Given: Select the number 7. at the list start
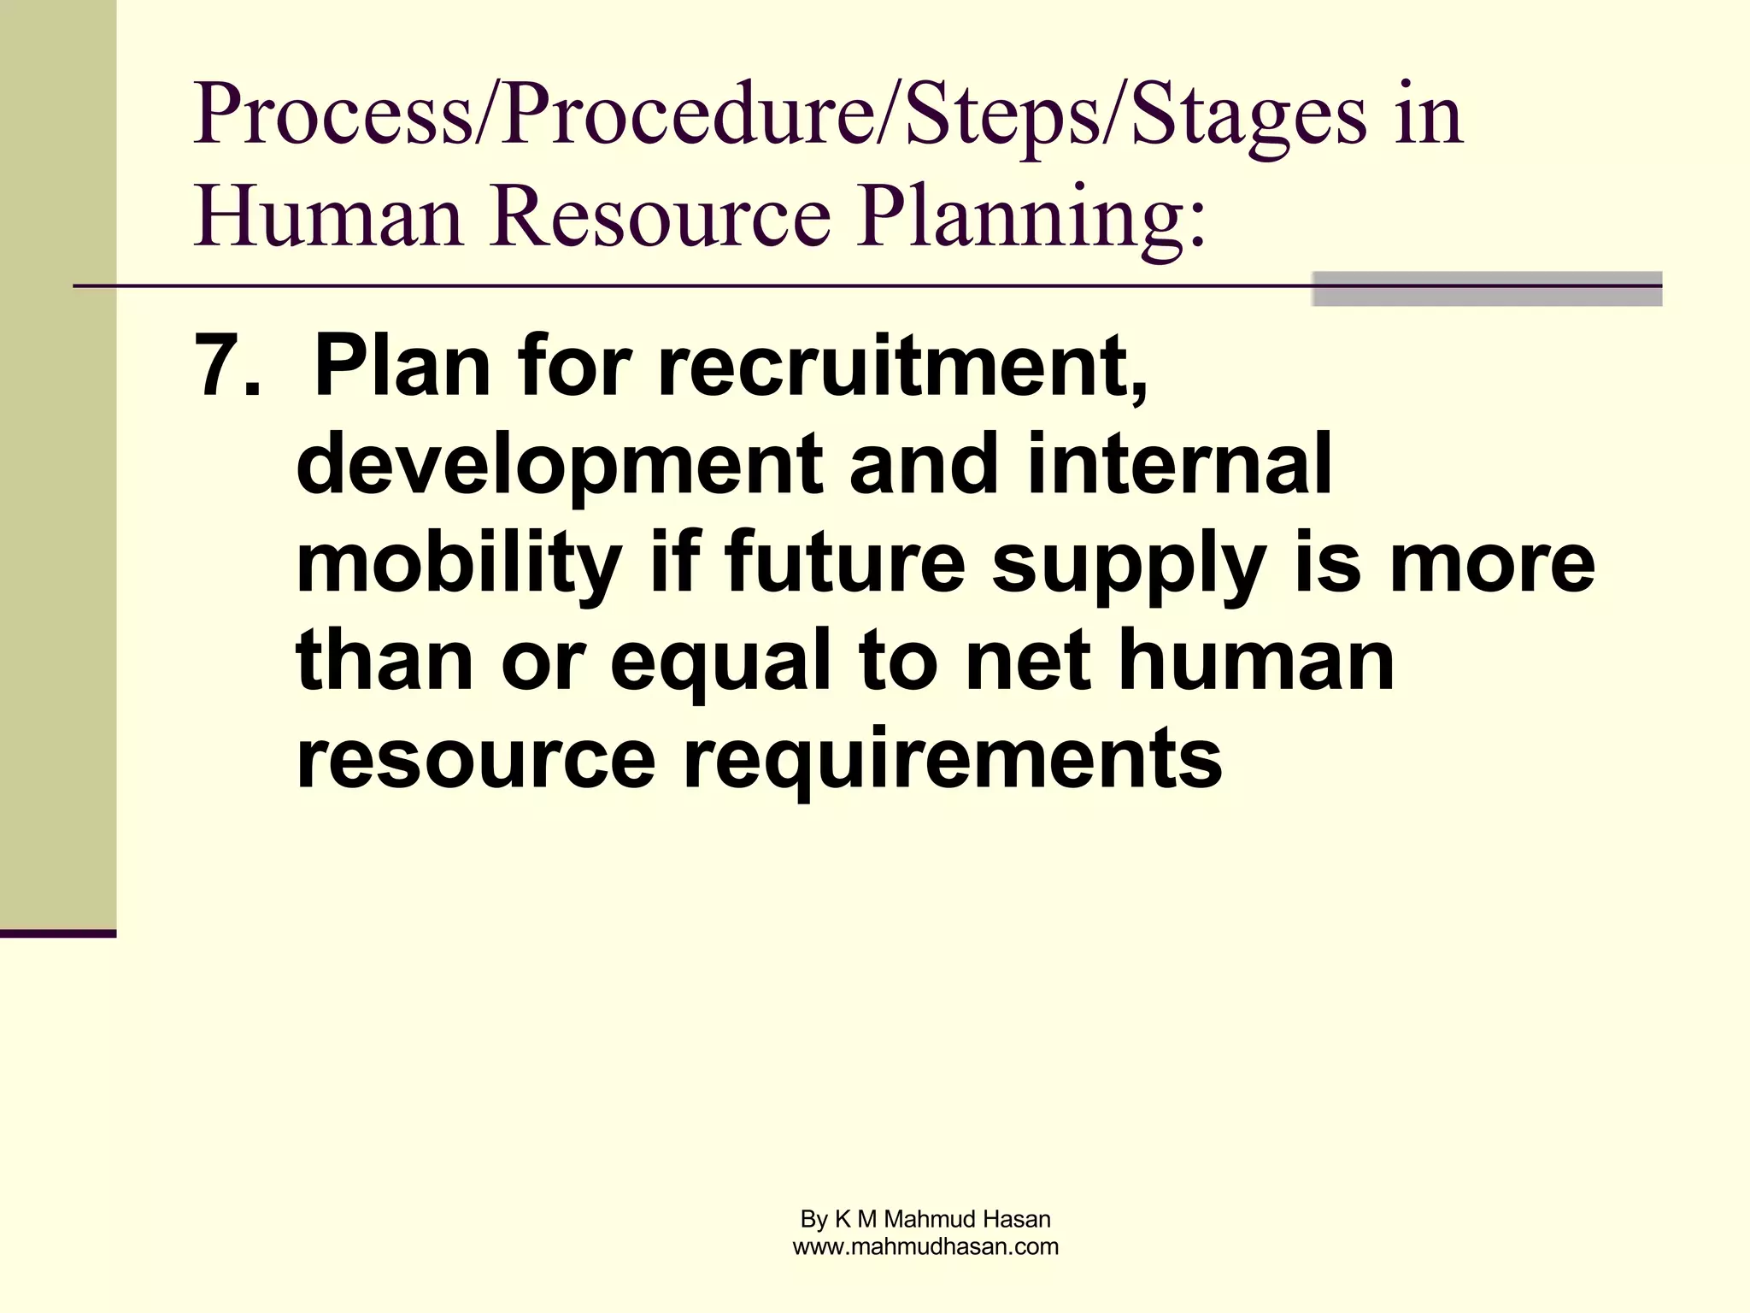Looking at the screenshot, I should pos(226,368).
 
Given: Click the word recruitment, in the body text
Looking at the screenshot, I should pos(902,368).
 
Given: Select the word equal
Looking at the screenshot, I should pos(720,663).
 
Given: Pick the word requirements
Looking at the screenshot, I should pos(952,761).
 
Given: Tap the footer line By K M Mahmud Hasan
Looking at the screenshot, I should pos(925,1219).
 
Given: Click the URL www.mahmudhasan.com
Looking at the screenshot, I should pos(925,1247).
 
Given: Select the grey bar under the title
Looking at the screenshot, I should pos(1486,289).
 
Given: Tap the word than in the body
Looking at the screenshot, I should pos(384,662).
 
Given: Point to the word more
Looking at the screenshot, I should pos(1492,564).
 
